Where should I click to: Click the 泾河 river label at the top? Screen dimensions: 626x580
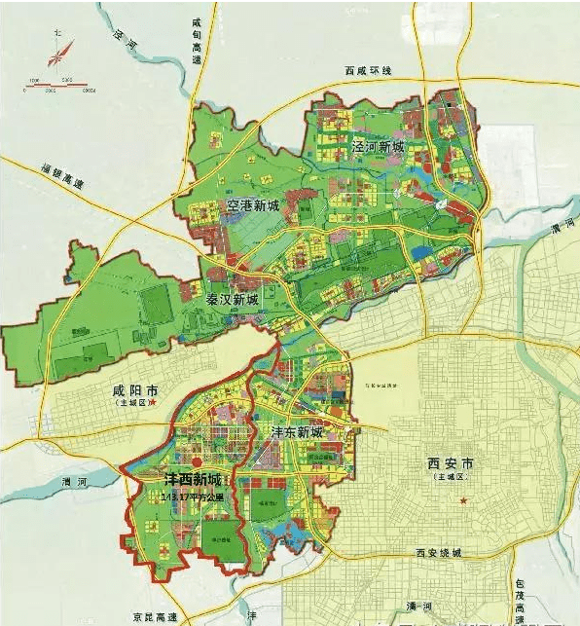125,38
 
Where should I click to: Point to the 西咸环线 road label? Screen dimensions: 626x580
367,71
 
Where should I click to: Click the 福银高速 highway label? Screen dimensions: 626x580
61,175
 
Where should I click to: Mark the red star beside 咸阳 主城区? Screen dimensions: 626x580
165,401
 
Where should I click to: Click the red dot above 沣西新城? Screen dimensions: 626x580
197,463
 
